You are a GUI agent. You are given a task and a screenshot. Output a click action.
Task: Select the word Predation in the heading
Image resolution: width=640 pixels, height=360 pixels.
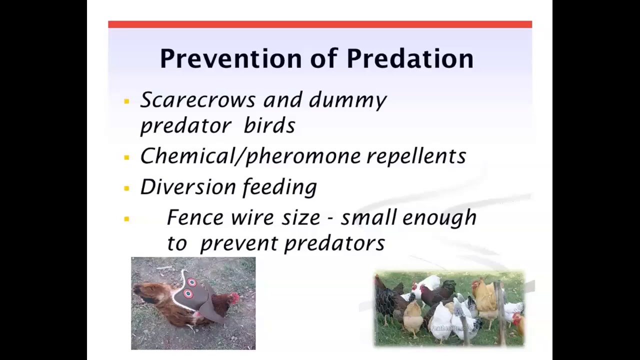pos(410,59)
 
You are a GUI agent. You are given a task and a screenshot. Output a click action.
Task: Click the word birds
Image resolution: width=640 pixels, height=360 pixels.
pos(269,125)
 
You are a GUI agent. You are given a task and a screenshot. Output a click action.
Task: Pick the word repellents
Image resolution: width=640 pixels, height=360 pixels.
pos(416,156)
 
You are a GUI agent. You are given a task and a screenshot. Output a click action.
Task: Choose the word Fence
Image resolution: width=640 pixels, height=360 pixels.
pos(195,217)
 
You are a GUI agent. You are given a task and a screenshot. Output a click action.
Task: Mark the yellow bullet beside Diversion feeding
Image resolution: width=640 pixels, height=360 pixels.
pos(126,188)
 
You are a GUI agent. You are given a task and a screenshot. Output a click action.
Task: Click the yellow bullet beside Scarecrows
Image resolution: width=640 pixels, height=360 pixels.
pos(126,101)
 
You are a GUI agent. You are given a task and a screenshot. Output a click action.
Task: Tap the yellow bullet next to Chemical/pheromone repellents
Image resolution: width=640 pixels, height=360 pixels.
pos(126,158)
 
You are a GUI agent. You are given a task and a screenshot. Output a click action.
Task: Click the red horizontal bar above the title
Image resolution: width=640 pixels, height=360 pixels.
pos(320,24)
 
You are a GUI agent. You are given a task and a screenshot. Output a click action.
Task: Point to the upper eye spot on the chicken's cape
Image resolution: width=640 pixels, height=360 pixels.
pos(191,282)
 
